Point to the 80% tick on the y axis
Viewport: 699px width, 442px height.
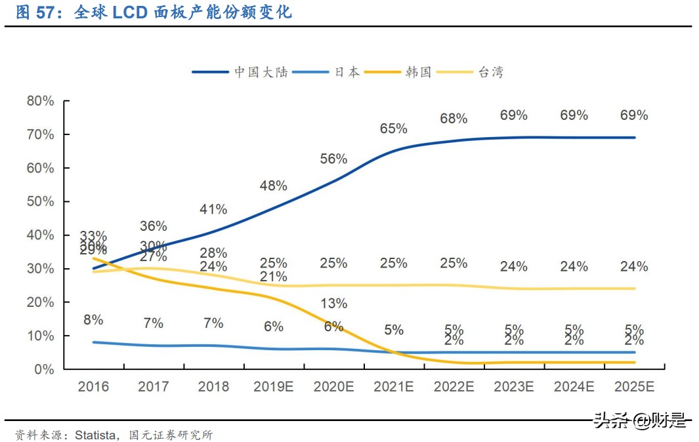tap(40, 101)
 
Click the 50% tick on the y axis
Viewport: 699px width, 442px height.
tap(40, 201)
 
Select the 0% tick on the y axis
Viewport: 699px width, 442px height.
tap(43, 369)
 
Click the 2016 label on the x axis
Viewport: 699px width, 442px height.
tap(93, 387)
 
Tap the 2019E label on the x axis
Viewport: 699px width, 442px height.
tap(273, 387)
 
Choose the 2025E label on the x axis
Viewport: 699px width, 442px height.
tap(633, 387)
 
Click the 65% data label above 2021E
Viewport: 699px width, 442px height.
tap(394, 129)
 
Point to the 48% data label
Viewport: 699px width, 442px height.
tap(273, 186)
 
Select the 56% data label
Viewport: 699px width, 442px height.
tap(333, 159)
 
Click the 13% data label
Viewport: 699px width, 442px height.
tap(333, 304)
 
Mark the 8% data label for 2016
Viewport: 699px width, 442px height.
tap(93, 320)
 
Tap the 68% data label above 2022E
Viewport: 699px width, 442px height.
tap(454, 119)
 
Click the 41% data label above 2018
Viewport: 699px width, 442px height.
tap(213, 209)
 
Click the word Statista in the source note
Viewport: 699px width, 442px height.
tap(96, 435)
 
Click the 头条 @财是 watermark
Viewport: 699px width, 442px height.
tap(639, 420)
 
